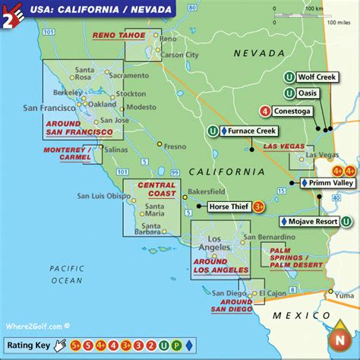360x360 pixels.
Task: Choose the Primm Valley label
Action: coord(330,184)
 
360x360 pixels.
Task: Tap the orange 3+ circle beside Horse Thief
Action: coord(259,206)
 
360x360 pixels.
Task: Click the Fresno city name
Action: coord(175,146)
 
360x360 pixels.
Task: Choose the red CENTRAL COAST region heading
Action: coord(156,189)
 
